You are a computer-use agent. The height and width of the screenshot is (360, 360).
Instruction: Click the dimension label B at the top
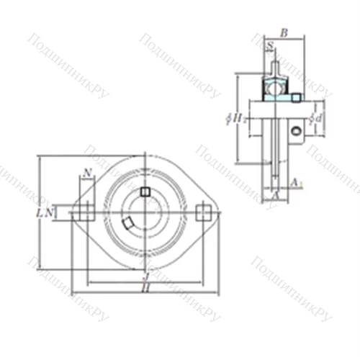pos(283,32)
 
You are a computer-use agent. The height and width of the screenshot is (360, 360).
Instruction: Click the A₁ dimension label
pos(297,184)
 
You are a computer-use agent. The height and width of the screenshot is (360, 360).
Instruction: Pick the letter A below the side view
pos(274,194)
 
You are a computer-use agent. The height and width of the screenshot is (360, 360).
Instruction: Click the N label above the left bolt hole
pos(87,172)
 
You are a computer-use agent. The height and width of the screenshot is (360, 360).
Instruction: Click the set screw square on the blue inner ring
pos(296,97)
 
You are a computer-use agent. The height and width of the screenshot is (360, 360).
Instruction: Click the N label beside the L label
pos(48,212)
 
